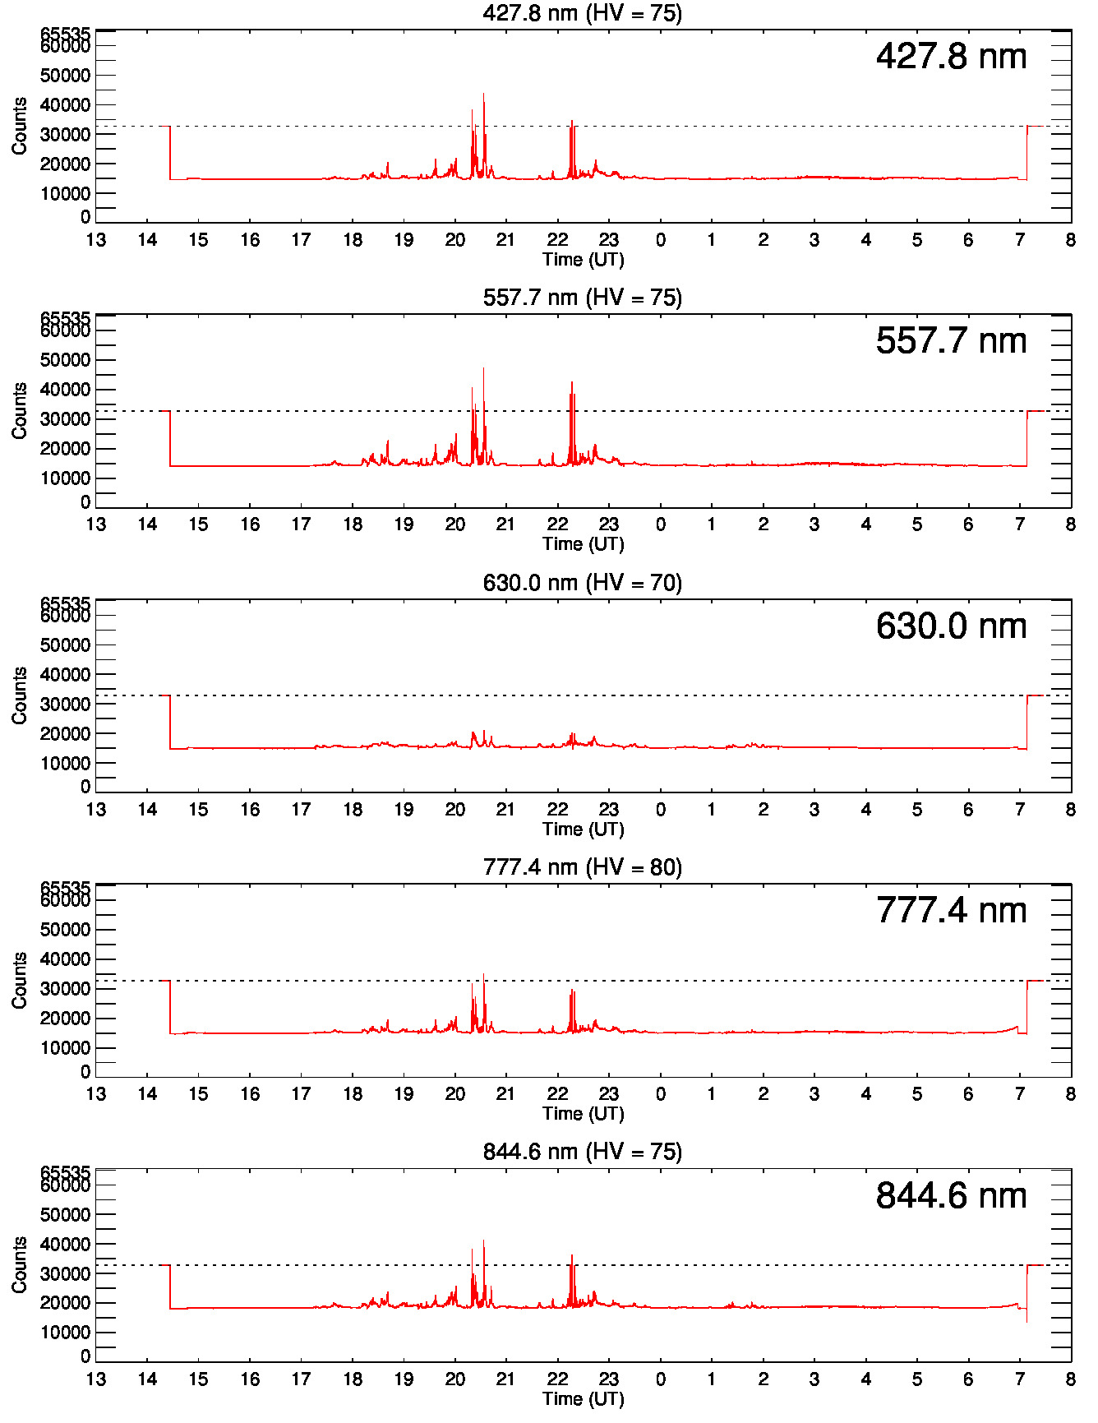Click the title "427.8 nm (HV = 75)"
click(582, 13)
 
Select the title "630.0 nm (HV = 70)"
click(582, 583)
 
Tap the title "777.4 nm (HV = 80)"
click(582, 867)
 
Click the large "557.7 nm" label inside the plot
click(951, 341)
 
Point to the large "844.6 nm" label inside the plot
click(951, 1196)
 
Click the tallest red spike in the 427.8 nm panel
click(483, 95)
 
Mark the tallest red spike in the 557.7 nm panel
click(483, 370)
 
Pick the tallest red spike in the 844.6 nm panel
click(483, 1242)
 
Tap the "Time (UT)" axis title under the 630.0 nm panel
click(583, 829)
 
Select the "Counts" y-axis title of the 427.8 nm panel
click(20, 126)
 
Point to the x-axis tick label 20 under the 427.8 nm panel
click(454, 240)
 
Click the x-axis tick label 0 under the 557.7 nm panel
click(660, 524)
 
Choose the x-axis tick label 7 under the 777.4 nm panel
click(1019, 1094)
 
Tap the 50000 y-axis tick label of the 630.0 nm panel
click(65, 645)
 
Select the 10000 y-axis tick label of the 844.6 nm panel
click(65, 1333)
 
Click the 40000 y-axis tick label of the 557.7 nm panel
click(65, 390)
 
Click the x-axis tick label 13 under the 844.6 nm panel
click(96, 1379)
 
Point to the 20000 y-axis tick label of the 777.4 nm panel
click(65, 1019)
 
